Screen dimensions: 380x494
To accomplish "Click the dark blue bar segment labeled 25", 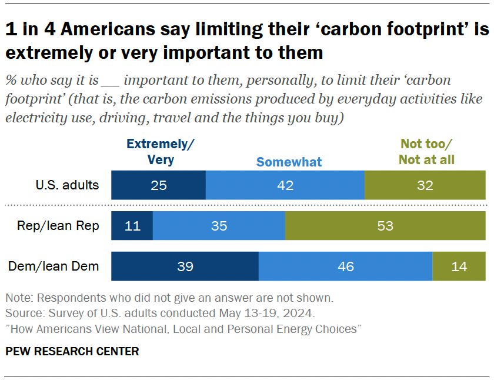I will coord(159,186).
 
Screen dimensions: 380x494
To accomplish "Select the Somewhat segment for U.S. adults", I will coord(285,186).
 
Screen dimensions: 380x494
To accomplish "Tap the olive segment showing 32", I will coord(425,186).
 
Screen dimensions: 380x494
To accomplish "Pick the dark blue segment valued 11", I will coord(132,226).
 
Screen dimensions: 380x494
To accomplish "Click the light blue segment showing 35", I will coord(219,226).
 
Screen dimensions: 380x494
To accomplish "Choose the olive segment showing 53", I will coord(385,226).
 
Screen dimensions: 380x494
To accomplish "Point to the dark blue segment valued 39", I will coord(185,266).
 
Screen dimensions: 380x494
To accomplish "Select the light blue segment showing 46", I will coord(345,266).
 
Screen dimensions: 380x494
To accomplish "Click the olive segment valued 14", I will coord(459,266).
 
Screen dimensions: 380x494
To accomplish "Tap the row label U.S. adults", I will coord(66,186).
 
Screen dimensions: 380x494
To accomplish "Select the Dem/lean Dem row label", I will coord(54,266).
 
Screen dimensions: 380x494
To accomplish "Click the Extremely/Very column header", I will coord(160,152).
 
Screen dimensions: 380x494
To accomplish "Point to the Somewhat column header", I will coord(289,162).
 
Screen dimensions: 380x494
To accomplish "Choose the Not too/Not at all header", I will coord(427,152).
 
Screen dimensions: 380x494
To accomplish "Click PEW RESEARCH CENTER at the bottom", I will coord(72,352).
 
